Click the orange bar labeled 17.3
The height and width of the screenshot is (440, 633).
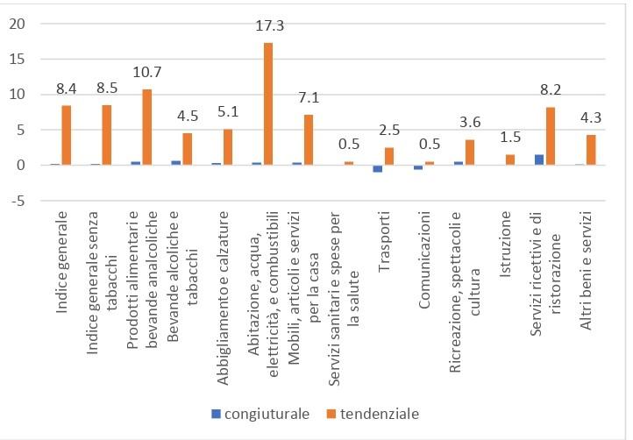268,103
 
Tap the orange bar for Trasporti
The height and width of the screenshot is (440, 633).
388,156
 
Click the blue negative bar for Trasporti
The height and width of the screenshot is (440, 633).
378,168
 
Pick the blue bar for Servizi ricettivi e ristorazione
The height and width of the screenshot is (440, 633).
539,160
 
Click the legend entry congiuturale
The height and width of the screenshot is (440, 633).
260,413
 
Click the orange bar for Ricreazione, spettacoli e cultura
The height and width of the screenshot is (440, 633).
469,153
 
